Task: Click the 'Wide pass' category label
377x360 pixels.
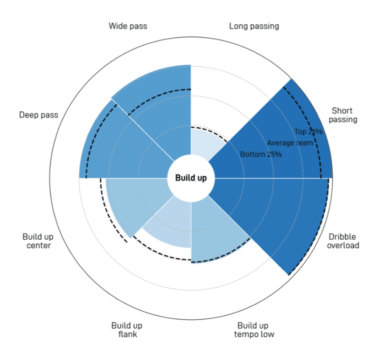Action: pyautogui.click(x=128, y=26)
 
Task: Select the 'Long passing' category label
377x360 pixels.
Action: pyautogui.click(x=254, y=26)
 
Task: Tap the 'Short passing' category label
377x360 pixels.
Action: pyautogui.click(x=343, y=115)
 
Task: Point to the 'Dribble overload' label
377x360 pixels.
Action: pyautogui.click(x=343, y=241)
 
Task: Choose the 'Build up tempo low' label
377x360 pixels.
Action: pyautogui.click(x=254, y=330)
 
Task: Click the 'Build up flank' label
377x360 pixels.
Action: pyautogui.click(x=127, y=330)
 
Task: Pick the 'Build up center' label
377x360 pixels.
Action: pyautogui.click(x=38, y=241)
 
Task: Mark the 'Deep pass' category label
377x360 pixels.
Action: pyautogui.click(x=39, y=115)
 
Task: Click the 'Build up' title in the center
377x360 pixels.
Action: pyautogui.click(x=191, y=178)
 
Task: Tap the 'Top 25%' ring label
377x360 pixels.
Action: pyautogui.click(x=308, y=132)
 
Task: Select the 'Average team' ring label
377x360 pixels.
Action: pyautogui.click(x=290, y=143)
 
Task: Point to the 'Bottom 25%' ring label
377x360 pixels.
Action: pyautogui.click(x=261, y=154)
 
